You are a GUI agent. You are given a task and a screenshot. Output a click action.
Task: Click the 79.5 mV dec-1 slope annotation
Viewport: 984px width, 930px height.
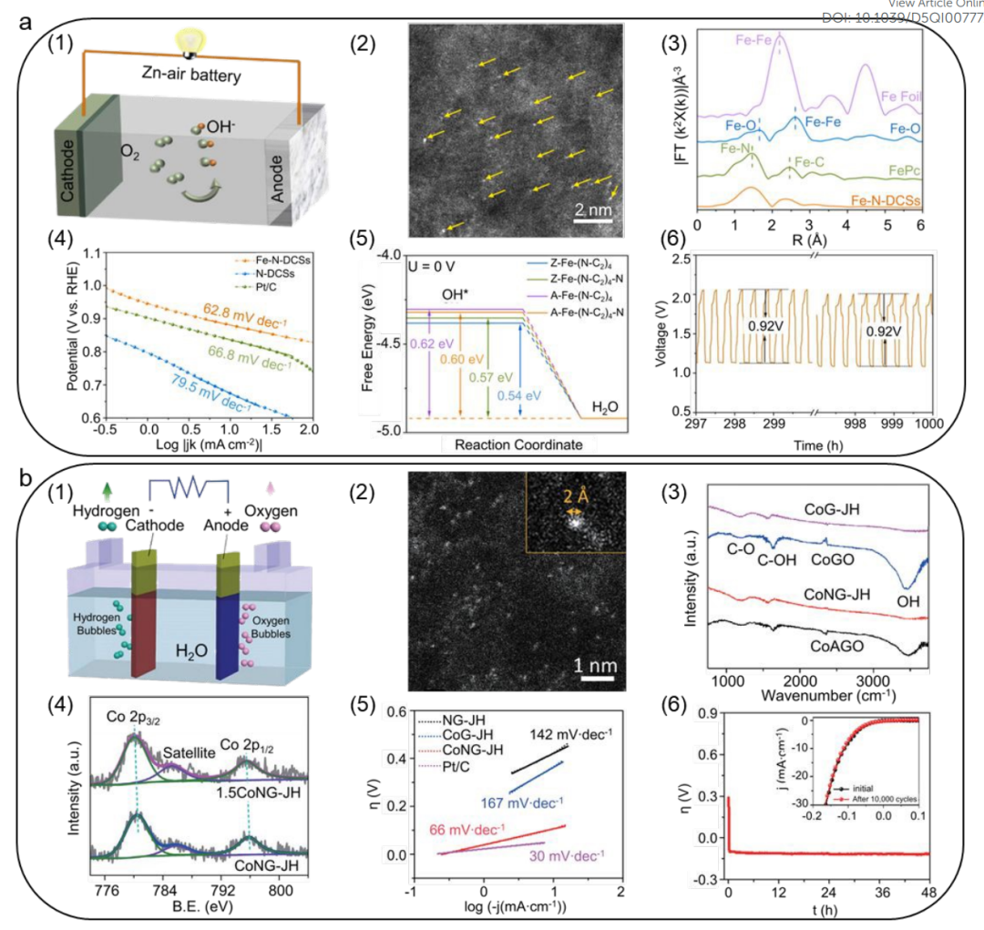coord(201,397)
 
